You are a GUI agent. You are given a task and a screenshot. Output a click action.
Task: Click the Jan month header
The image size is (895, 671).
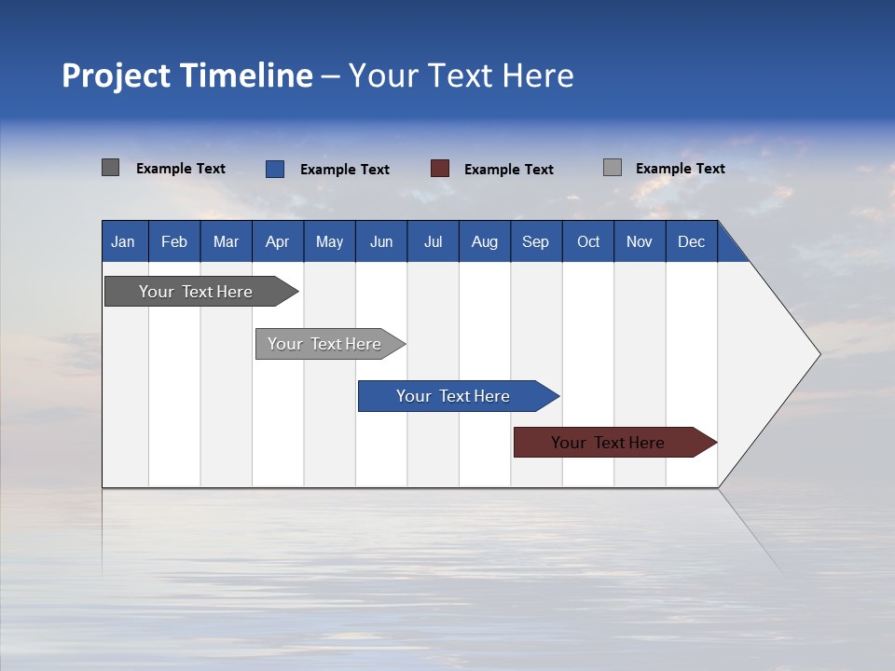point(124,241)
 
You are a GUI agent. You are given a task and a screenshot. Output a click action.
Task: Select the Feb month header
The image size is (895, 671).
point(174,241)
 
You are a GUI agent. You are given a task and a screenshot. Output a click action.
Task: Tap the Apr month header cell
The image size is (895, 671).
point(278,241)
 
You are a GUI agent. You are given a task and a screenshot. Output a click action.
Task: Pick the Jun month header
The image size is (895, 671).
point(381,241)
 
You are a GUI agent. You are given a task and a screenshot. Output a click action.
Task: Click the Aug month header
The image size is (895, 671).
point(485,241)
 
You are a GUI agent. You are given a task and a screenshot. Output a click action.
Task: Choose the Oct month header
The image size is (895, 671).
point(588,241)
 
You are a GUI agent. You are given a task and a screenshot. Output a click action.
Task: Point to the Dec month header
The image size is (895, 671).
point(692,241)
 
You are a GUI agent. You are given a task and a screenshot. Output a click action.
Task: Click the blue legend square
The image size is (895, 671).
point(275,169)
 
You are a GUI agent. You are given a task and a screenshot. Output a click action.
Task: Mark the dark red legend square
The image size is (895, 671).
point(440,169)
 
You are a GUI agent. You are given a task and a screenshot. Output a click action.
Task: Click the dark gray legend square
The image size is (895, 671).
point(111,168)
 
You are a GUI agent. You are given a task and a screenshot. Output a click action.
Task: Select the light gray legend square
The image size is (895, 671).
point(613,168)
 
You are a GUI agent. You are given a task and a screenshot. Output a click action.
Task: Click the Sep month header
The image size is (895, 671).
point(536,241)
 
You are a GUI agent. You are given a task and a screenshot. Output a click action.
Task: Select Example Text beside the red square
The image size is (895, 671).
point(509,170)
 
